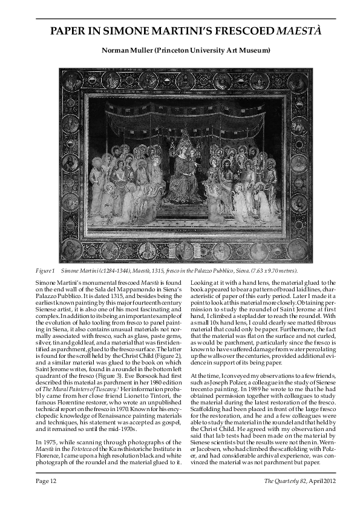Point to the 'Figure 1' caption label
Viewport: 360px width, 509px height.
[46, 271]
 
